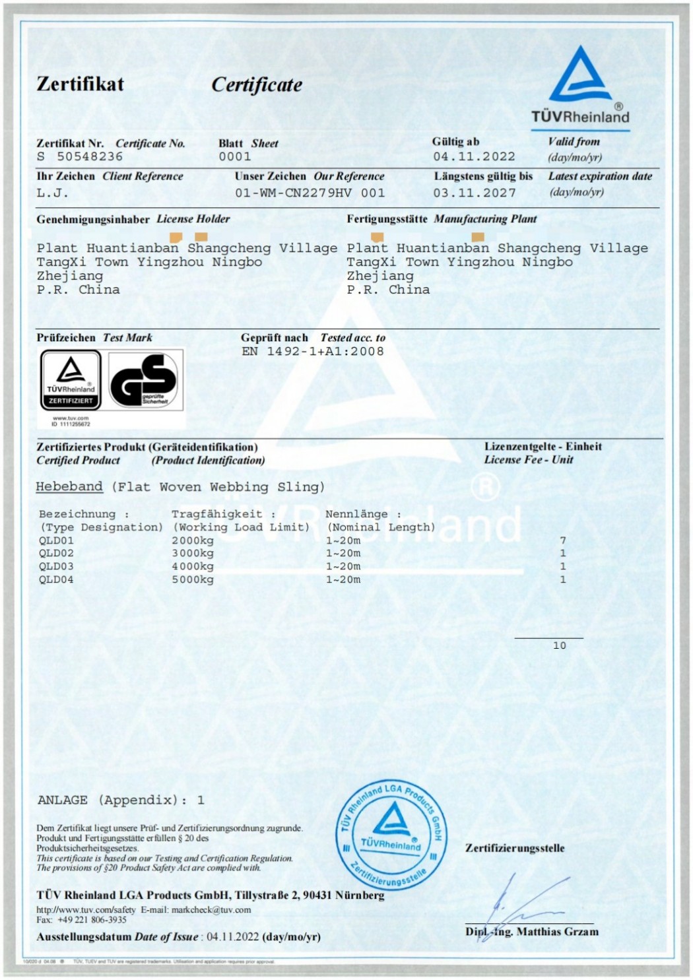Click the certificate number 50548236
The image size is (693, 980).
[89, 157]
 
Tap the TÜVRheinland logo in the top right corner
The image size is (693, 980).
[580, 86]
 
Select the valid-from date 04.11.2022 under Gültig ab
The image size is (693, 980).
[474, 157]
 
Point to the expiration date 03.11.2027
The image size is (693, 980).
[474, 193]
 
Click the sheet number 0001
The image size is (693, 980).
[235, 157]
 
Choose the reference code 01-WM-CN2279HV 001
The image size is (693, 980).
[310, 193]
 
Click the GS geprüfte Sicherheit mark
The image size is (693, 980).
[143, 380]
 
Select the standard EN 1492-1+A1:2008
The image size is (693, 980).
[312, 352]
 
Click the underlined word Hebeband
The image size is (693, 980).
[69, 487]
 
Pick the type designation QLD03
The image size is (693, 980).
[56, 566]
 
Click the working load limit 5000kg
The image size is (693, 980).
[193, 579]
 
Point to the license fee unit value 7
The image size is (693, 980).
[563, 540]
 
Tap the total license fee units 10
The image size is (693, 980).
[559, 645]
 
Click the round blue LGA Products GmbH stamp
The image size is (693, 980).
[392, 836]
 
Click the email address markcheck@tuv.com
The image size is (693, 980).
[211, 909]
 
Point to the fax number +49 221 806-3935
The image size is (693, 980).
[92, 919]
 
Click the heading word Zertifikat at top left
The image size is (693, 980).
[80, 84]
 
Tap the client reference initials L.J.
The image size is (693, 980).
[52, 193]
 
